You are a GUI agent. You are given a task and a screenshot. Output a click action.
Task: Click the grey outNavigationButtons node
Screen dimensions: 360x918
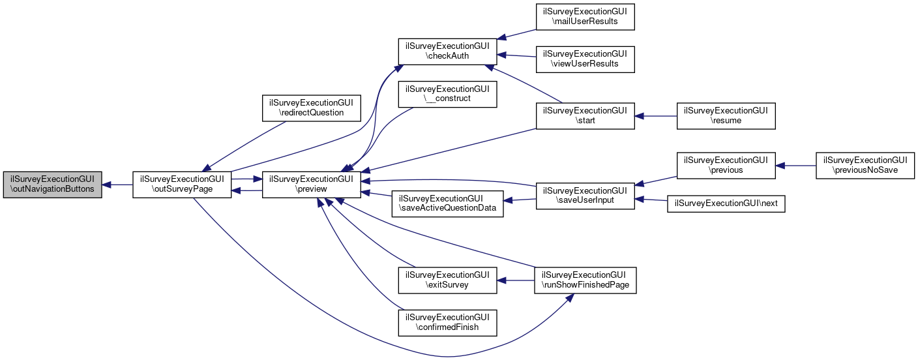click(x=52, y=185)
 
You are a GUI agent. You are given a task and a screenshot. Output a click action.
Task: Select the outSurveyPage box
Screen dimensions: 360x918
click(x=182, y=185)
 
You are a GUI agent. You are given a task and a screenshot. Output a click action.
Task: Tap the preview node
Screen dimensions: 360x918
click(x=312, y=185)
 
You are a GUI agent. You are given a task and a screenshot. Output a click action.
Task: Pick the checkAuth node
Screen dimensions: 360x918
click(x=448, y=52)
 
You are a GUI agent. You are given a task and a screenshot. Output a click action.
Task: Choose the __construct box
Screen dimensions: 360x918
click(x=448, y=94)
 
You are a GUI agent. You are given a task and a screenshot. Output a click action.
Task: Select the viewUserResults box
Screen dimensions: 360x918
click(x=585, y=59)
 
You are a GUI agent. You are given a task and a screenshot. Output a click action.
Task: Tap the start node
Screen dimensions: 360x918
click(x=585, y=116)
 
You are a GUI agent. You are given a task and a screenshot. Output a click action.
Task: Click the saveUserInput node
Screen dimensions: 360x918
click(x=585, y=195)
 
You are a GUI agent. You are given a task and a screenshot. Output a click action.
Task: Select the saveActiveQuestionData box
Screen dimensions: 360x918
click(x=448, y=203)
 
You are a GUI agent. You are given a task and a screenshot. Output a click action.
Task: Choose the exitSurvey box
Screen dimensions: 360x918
click(x=448, y=280)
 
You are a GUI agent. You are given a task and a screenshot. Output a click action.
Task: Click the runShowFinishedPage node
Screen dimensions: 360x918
click(x=585, y=280)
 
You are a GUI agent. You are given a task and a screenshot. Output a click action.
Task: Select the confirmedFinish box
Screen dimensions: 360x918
click(x=448, y=322)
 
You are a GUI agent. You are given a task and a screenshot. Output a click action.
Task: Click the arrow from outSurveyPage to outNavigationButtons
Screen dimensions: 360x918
click(x=117, y=185)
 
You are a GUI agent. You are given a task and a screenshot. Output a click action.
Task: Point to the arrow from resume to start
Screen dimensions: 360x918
click(x=656, y=116)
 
